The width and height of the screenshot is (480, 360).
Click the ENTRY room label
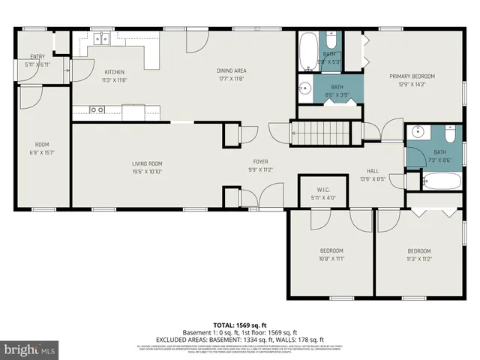pos(37,57)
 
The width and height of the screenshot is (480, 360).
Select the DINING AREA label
pos(232,71)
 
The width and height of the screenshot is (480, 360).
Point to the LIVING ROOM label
pos(148,163)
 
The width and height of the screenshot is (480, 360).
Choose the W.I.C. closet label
pos(323,190)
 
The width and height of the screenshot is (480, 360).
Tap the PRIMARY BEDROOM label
pos(412,76)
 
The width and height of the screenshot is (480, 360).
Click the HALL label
pos(373,171)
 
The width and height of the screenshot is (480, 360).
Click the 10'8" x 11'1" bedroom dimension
pos(332,258)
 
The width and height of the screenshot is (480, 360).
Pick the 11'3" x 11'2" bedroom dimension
pos(419,258)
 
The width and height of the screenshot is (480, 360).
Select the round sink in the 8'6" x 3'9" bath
pos(306,89)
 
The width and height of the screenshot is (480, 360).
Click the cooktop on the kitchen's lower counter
pos(97,110)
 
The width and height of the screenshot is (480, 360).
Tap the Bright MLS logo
pos(29,349)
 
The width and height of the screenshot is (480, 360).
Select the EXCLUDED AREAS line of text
pos(240,338)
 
